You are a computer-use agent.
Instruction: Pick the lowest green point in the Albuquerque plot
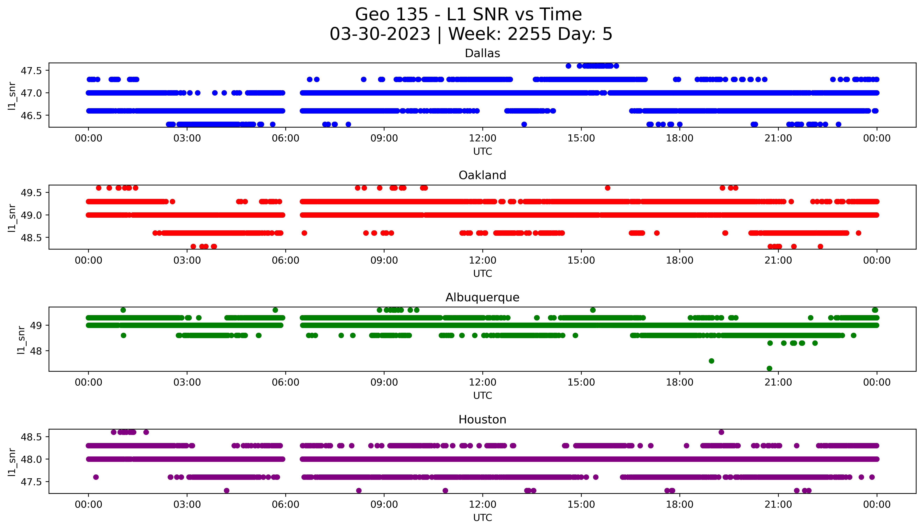(769, 368)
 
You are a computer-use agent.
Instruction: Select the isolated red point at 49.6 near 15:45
(607, 188)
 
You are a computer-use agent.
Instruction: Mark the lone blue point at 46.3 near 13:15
(524, 124)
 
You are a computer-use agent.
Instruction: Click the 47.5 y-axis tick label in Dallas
(31, 71)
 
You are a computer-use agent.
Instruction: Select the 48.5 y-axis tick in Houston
(31, 437)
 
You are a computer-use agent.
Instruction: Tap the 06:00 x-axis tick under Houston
(286, 504)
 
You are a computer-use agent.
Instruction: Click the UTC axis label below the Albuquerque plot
(482, 395)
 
